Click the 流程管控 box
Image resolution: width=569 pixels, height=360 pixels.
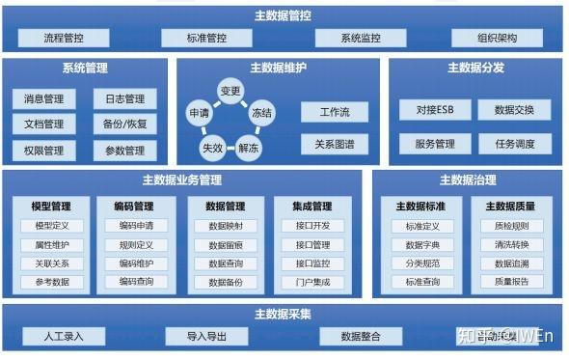[64, 39]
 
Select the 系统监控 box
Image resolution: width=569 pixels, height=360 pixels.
[360, 39]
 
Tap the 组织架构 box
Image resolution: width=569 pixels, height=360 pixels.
[498, 39]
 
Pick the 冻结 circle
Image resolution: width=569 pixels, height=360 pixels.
[260, 114]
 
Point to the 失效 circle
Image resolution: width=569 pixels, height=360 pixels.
[211, 148]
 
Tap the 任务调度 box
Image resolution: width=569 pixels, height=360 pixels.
[514, 144]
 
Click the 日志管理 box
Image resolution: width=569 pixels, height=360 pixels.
[123, 98]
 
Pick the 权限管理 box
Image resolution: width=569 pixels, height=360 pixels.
[43, 151]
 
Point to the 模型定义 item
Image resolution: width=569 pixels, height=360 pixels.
[51, 226]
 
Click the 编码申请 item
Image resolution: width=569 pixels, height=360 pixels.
[136, 226]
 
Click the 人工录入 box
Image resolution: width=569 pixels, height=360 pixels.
[64, 336]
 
